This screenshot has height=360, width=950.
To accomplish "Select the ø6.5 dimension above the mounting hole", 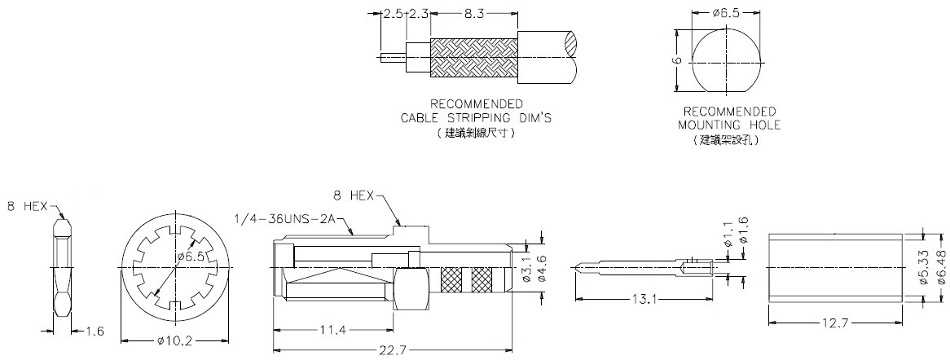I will coord(725,14).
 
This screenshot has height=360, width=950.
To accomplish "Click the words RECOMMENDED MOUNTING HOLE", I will coord(729,118).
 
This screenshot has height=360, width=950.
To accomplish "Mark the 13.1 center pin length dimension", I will coord(644,299).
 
